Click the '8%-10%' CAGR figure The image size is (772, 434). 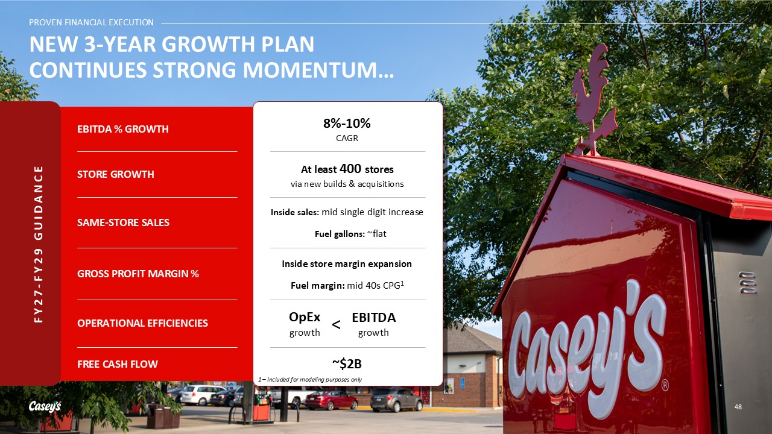click(x=347, y=124)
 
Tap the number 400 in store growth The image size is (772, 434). click(x=350, y=169)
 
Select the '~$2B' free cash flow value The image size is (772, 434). click(x=347, y=363)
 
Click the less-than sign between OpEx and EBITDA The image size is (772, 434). click(x=336, y=324)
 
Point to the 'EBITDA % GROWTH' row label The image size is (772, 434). click(x=122, y=129)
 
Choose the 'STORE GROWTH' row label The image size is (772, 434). click(x=115, y=174)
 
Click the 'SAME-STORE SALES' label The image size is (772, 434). click(x=123, y=222)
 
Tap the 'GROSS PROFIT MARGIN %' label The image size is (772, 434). click(x=138, y=274)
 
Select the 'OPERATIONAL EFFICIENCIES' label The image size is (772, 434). click(x=142, y=323)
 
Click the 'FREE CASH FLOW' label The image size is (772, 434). click(x=117, y=364)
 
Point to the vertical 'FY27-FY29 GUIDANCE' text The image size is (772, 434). click(x=39, y=244)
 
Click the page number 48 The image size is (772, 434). click(x=738, y=407)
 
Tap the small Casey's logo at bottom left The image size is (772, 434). click(x=45, y=406)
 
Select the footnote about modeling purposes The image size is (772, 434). click(x=310, y=380)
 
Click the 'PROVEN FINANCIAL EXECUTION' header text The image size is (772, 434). click(x=91, y=22)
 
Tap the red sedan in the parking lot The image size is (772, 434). click(x=331, y=400)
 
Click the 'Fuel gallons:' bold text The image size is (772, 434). click(x=340, y=234)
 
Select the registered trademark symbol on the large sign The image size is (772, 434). click(x=665, y=385)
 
